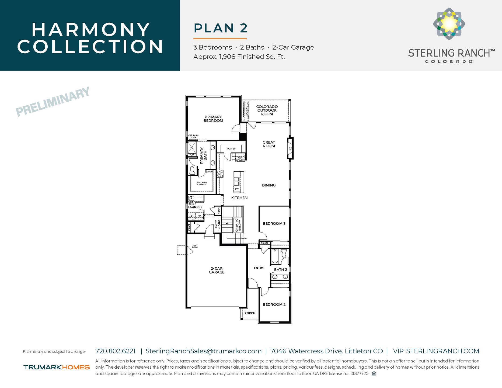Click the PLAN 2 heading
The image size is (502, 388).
[220, 28]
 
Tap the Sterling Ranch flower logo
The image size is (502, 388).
[449, 24]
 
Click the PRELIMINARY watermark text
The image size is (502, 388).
[53, 102]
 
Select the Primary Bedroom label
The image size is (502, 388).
[213, 119]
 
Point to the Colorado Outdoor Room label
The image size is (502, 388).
[267, 110]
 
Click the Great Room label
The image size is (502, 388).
[269, 144]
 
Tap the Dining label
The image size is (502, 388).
[269, 185]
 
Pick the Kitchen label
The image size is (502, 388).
[239, 198]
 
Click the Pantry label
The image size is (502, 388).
[231, 149]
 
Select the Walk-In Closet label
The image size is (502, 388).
[201, 183]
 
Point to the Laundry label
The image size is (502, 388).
[195, 207]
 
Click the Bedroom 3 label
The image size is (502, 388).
[274, 224]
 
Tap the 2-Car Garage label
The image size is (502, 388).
[217, 270]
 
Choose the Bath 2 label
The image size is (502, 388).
[280, 270]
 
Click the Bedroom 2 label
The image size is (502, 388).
[274, 304]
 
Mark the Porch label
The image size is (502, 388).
[250, 313]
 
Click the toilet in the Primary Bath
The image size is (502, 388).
[192, 170]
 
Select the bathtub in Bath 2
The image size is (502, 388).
[275, 256]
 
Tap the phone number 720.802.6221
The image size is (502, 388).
[115, 351]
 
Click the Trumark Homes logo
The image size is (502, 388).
[57, 367]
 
